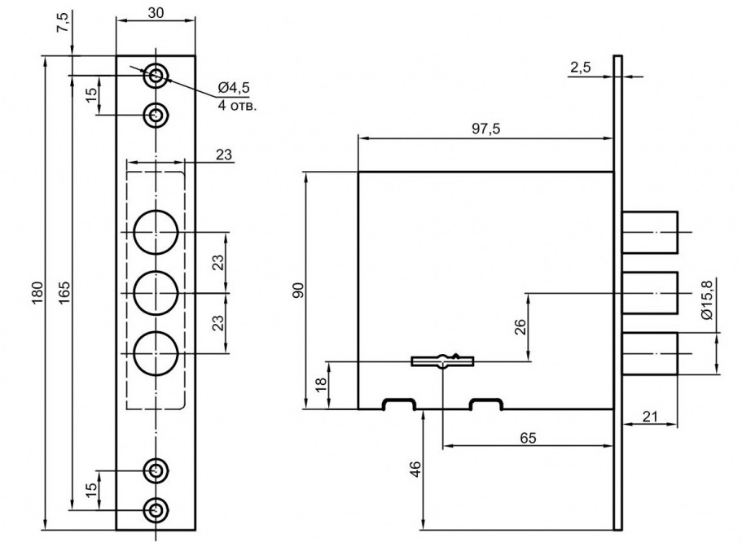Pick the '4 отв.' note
pyautogui.click(x=236, y=105)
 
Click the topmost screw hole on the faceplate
pyautogui.click(x=156, y=76)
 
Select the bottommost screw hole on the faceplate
pyautogui.click(x=156, y=509)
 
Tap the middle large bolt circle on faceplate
pyautogui.click(x=156, y=291)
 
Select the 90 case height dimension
pyautogui.click(x=298, y=291)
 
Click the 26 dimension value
pyautogui.click(x=520, y=327)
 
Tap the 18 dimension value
pyautogui.click(x=319, y=383)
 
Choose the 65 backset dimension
pyautogui.click(x=528, y=437)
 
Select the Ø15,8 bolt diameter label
pyautogui.click(x=706, y=299)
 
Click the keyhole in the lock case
pyautogui.click(x=441, y=360)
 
